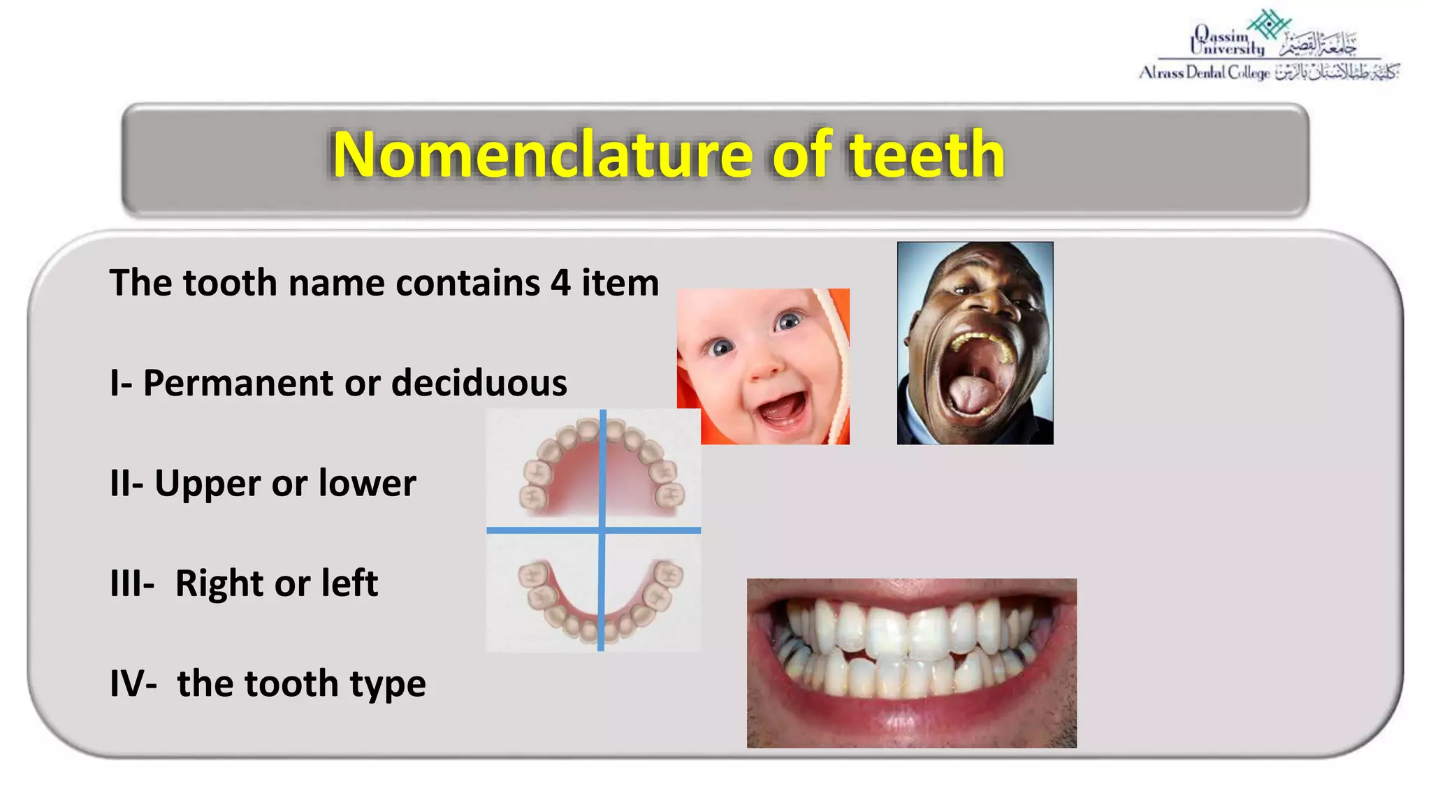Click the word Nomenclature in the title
[x=542, y=154]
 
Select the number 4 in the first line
[x=560, y=283]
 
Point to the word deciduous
[x=479, y=383]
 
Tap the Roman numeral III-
[x=132, y=583]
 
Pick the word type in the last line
[x=388, y=685]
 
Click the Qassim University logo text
[x=1228, y=41]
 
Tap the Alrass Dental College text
[x=1204, y=73]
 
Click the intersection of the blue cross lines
[x=602, y=530]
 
